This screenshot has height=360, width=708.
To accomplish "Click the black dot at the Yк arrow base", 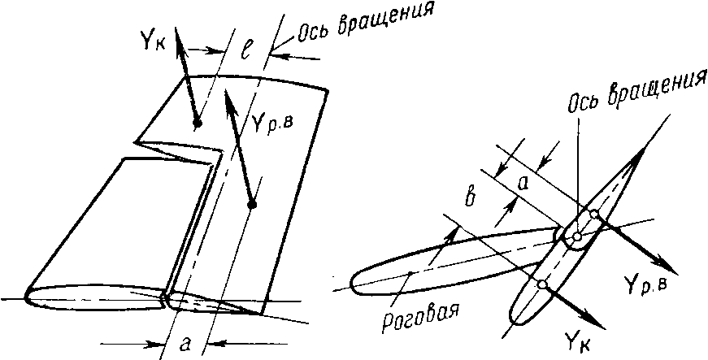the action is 196,124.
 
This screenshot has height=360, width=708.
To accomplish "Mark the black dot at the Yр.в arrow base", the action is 252,206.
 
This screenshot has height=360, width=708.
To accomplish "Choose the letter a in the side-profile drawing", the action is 523,184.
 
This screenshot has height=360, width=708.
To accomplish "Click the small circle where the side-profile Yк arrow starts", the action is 541,283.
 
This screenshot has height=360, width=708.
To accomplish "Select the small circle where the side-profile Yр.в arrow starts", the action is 595,214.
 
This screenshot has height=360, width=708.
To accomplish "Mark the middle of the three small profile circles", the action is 576,237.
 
